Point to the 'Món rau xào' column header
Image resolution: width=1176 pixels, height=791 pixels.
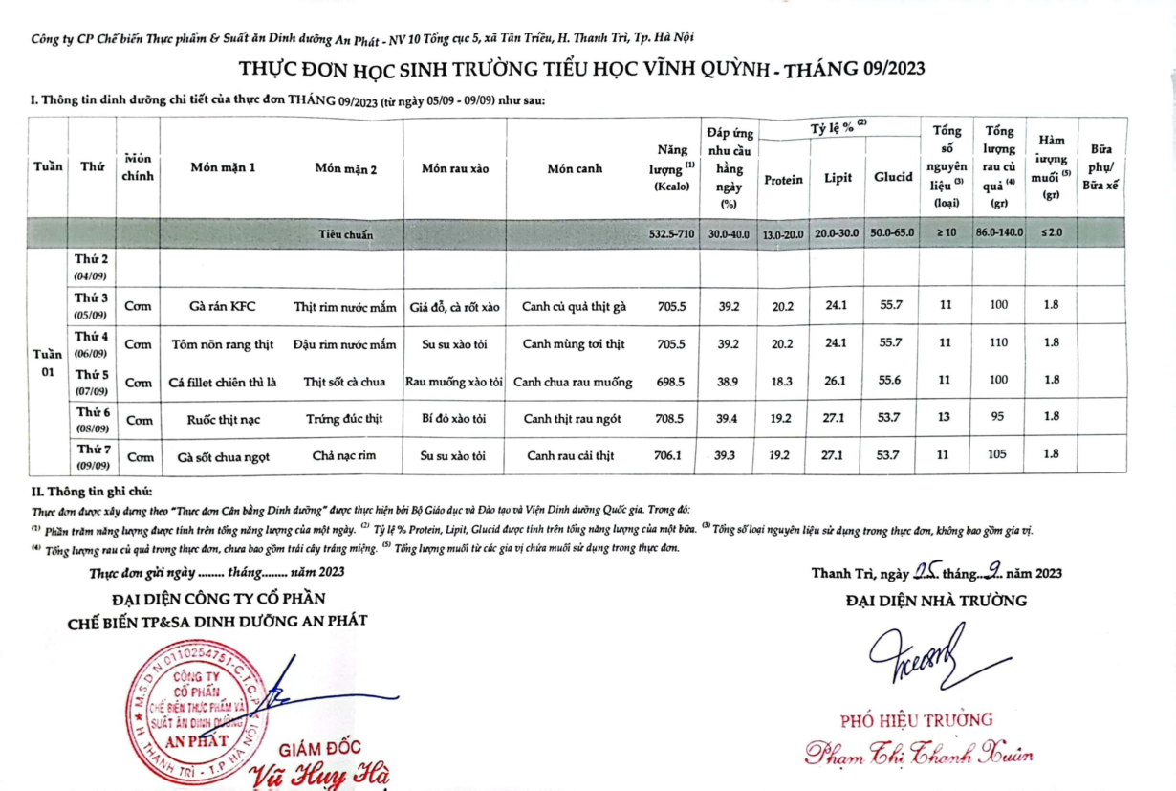(455, 168)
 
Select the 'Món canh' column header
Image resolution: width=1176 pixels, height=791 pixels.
(575, 168)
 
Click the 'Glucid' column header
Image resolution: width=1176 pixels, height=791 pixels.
(893, 177)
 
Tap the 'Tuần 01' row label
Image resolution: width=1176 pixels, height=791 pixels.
(48, 363)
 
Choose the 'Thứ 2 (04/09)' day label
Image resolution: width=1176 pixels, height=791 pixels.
(92, 267)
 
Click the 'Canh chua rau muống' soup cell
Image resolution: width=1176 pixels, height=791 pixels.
(573, 382)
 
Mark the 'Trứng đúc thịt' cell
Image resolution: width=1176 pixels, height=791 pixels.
(344, 418)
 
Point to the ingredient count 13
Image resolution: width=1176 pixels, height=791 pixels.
(946, 418)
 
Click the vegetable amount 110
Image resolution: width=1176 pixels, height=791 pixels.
(998, 343)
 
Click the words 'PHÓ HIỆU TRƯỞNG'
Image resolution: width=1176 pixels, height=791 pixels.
(917, 720)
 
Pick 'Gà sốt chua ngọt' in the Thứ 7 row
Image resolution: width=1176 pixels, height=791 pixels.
(224, 456)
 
